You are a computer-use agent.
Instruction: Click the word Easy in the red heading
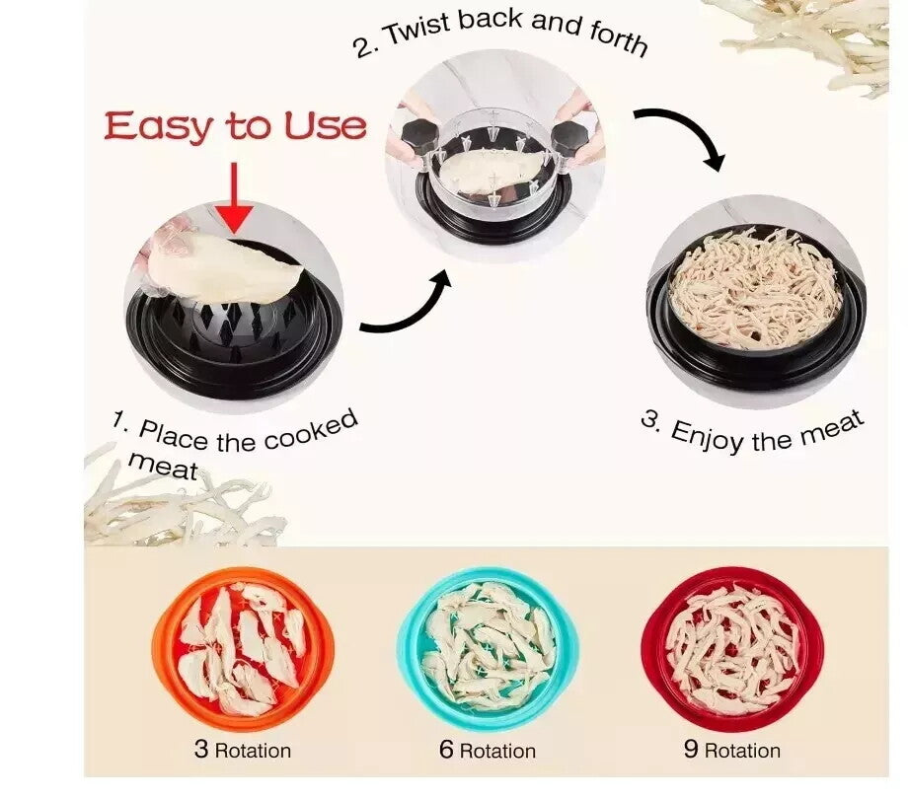[158, 126]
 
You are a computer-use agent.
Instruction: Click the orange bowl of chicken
[243, 648]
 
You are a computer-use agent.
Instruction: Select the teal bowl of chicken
[488, 648]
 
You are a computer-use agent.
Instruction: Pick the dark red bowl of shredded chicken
[732, 648]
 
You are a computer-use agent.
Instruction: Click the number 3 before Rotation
[201, 748]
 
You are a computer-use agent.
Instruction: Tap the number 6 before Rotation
[446, 749]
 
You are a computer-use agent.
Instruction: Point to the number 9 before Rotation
[691, 749]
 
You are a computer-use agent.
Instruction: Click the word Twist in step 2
[418, 30]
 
